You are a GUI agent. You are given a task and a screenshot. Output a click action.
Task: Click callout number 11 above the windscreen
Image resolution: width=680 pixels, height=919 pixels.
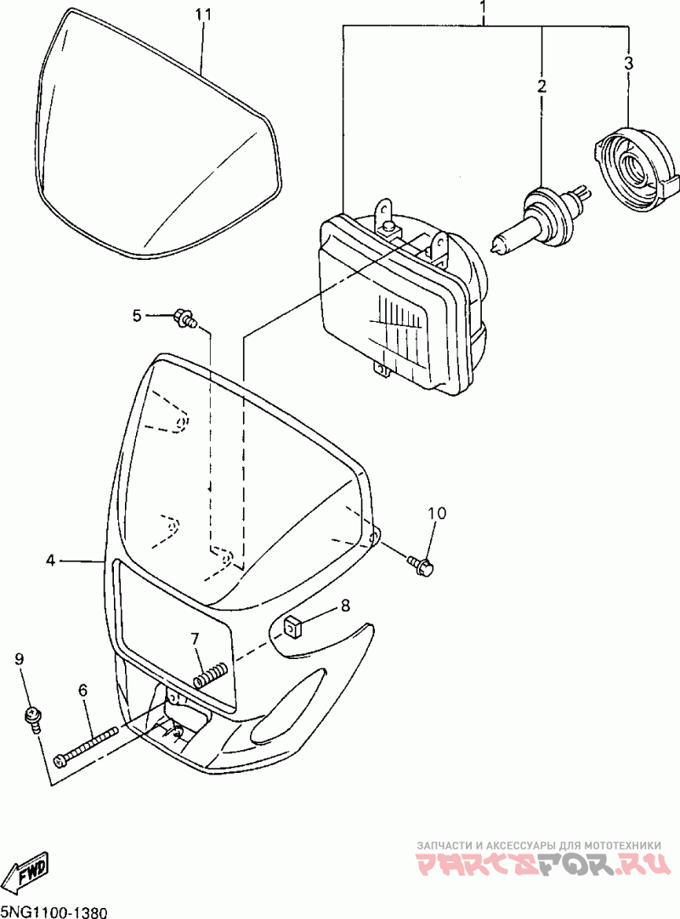(201, 15)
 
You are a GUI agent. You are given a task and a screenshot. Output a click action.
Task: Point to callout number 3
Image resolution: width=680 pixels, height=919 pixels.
(628, 63)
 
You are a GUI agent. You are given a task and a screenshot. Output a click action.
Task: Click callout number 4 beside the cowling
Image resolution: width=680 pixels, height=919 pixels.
(51, 560)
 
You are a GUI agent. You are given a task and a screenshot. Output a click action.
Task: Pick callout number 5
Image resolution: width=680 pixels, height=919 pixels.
(137, 316)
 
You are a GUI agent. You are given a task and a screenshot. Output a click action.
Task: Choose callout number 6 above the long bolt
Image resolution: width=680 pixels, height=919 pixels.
(83, 691)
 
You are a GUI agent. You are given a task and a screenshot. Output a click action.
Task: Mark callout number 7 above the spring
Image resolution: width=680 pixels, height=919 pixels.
(195, 638)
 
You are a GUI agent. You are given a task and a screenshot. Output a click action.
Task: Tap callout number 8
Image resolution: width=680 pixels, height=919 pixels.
(345, 606)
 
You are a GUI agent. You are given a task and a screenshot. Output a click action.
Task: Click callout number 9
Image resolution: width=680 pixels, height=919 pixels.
(20, 658)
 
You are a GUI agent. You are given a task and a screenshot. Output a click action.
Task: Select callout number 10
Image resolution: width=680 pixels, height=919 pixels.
(436, 513)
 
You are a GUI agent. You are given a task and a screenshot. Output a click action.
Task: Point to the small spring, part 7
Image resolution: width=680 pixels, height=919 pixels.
(211, 674)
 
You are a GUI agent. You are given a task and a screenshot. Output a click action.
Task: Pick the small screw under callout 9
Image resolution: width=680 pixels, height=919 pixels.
(32, 718)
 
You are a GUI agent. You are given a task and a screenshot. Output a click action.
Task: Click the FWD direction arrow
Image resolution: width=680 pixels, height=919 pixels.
(27, 872)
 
